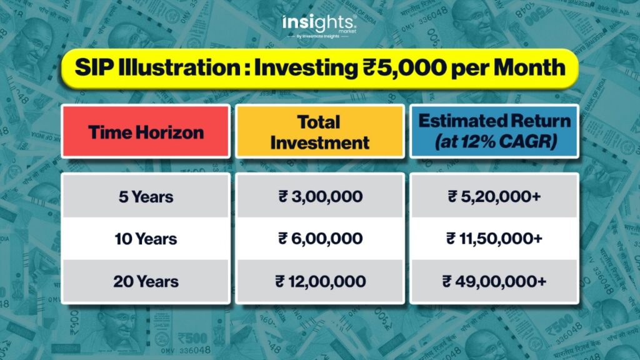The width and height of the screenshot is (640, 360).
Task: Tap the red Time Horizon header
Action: (146, 131)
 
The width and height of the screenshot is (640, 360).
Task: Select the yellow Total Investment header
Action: (319, 131)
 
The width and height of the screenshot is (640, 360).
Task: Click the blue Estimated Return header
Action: (494, 131)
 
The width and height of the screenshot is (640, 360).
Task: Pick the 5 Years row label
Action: (146, 197)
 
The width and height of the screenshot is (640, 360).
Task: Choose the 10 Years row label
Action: (146, 239)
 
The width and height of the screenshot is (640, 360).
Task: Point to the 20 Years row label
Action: (146, 281)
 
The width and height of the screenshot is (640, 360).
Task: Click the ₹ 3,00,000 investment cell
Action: (321, 196)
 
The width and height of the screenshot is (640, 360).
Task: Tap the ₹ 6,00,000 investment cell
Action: (321, 238)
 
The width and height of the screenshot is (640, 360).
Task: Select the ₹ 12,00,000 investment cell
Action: (321, 281)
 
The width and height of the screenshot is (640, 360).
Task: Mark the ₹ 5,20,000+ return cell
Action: (494, 196)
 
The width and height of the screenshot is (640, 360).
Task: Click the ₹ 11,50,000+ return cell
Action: (494, 238)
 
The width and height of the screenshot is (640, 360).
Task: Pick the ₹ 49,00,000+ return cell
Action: (494, 281)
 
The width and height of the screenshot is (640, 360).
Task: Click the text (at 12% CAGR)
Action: (496, 142)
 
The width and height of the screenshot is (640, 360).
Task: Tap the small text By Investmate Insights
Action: (317, 36)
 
